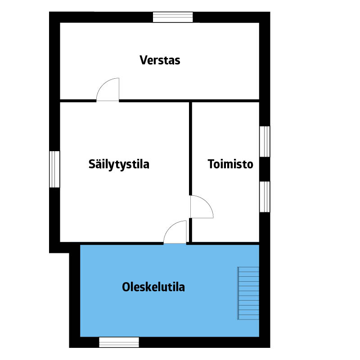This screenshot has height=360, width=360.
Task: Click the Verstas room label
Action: [160, 60]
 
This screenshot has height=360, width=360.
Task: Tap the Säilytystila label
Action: [119, 165]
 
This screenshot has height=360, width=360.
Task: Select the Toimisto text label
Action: [230, 164]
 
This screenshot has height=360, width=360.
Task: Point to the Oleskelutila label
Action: [153, 287]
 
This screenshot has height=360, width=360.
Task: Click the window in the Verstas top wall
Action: [173, 17]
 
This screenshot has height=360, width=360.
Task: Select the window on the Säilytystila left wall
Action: [54, 169]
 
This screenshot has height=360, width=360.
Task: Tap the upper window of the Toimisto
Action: [265, 142]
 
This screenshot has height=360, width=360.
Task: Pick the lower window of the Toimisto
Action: [265, 197]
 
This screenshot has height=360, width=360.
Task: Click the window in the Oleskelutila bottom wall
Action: [119, 342]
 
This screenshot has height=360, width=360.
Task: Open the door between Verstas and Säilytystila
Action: [108, 90]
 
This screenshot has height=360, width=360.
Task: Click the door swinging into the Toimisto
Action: [202, 207]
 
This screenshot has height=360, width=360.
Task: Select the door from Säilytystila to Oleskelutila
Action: [175, 232]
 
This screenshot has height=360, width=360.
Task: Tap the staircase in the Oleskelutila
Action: [248, 293]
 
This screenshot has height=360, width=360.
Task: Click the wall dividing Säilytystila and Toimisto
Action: [190, 148]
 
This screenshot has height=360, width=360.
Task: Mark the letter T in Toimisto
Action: [211, 164]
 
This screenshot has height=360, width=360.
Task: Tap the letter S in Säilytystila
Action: [92, 164]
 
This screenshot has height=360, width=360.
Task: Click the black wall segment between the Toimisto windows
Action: [265, 169]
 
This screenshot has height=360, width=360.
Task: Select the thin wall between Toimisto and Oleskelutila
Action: [225, 243]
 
